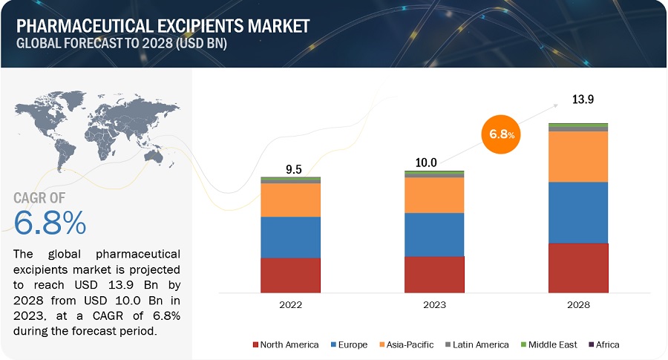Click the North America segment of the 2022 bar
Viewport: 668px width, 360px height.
tap(290, 275)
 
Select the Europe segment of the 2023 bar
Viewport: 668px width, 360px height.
tap(434, 235)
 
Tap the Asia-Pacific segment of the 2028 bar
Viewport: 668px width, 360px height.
tap(578, 157)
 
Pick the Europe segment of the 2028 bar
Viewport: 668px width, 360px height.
tap(578, 212)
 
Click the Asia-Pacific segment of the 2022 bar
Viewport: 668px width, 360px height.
tap(290, 200)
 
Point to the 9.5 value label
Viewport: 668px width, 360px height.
tap(295, 169)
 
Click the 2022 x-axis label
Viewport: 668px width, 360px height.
tap(290, 304)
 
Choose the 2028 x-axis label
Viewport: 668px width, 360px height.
tap(578, 304)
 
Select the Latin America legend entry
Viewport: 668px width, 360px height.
tap(477, 344)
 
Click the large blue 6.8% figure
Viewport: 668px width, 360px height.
tap(50, 222)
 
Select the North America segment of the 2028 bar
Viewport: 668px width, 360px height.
tap(578, 267)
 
